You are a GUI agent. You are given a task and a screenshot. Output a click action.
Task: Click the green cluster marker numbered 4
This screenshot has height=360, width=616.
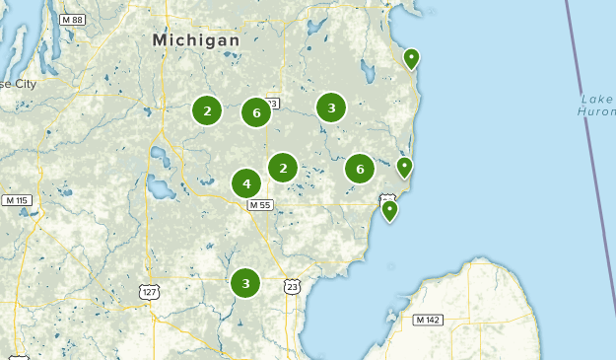click(246, 183)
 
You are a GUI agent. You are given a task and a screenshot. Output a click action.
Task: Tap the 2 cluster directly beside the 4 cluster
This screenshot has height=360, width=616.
click(283, 168)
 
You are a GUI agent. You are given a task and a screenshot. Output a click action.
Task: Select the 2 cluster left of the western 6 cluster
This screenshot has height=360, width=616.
click(207, 111)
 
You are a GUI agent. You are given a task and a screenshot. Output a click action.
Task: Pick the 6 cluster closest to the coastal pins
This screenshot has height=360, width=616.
click(360, 169)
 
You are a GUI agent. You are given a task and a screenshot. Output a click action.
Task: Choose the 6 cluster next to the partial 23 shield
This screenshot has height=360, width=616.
click(256, 112)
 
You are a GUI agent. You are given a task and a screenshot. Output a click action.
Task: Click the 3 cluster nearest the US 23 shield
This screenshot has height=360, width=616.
click(245, 283)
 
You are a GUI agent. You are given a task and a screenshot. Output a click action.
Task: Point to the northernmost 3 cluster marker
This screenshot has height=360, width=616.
click(331, 108)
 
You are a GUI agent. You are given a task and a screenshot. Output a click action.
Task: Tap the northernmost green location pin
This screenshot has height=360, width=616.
click(411, 58)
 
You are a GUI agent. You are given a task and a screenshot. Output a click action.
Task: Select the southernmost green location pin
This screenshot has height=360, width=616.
click(389, 209)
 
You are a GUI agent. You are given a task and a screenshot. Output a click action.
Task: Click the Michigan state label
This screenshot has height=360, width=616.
click(196, 40)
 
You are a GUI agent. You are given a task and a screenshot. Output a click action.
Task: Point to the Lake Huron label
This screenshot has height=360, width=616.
click(597, 106)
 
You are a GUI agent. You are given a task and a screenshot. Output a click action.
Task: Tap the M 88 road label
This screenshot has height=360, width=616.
click(71, 19)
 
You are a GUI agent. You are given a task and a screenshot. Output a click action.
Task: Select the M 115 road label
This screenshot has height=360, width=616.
click(17, 200)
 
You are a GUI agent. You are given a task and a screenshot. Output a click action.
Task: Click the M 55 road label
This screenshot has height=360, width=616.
click(259, 204)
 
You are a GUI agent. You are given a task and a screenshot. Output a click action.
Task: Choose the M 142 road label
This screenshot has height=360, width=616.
click(428, 320)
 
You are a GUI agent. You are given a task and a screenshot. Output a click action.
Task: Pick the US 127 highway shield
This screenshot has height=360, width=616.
click(148, 292)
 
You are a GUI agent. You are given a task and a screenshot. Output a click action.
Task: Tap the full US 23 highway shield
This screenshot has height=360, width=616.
click(291, 286)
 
